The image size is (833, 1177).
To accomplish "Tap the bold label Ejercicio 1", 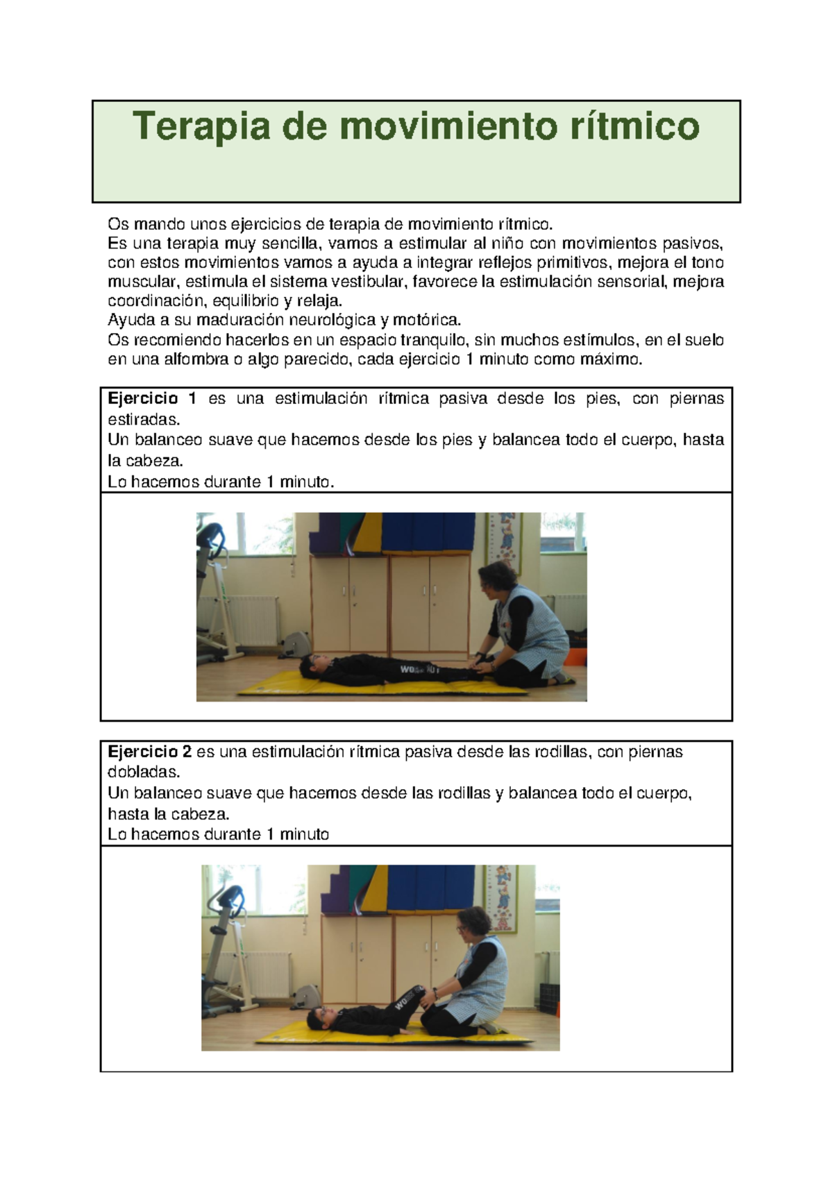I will [152, 398].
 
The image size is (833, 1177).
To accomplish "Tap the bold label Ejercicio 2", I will [149, 752].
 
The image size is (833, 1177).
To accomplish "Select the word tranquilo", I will [434, 340].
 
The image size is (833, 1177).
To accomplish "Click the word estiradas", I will [143, 419].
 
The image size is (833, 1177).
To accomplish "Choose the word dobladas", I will [143, 772].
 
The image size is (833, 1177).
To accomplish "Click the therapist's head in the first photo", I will [496, 579].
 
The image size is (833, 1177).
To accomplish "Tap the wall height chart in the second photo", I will [500, 898].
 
